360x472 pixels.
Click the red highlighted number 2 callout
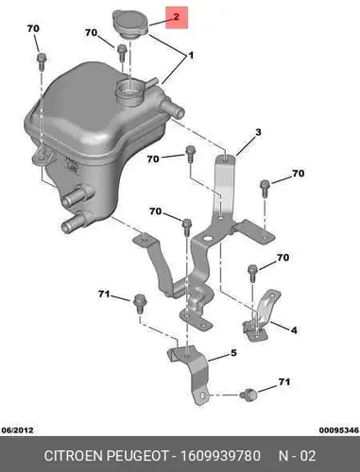pyautogui.click(x=177, y=17)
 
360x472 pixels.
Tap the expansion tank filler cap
pyautogui.click(x=129, y=25)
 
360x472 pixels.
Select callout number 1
pyautogui.click(x=191, y=56)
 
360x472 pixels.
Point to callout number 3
pyautogui.click(x=258, y=132)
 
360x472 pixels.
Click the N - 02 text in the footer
pyautogui.click(x=297, y=456)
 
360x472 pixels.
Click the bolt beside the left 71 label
pyautogui.click(x=139, y=304)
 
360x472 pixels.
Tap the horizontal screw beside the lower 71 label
pyautogui.click(x=249, y=394)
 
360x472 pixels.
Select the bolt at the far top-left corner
pyautogui.click(x=42, y=61)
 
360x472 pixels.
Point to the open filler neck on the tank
pyautogui.click(x=129, y=90)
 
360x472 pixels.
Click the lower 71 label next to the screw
pyautogui.click(x=283, y=382)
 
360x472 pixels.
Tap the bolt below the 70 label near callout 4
pyautogui.click(x=253, y=274)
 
